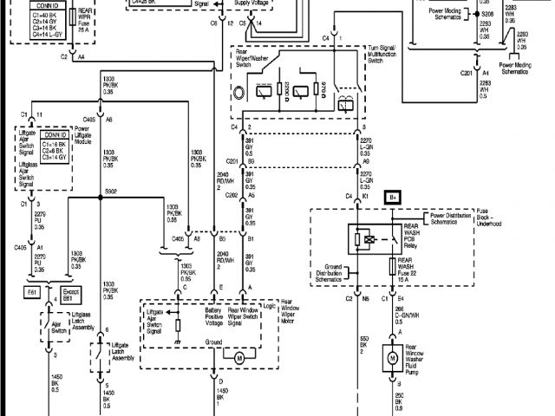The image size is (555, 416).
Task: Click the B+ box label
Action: (x=393, y=197)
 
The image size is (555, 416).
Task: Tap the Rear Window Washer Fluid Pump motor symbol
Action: (x=391, y=356)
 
